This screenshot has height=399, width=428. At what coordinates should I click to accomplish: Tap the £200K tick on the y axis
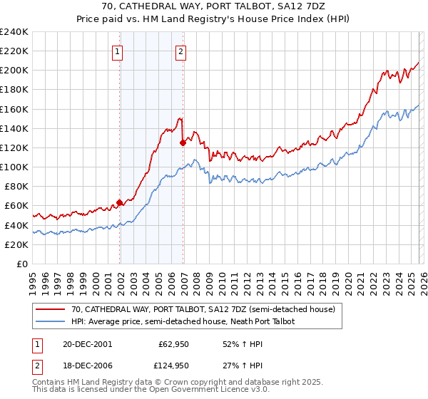pos(14,71)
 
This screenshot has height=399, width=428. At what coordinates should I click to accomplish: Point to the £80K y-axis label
pos(16,187)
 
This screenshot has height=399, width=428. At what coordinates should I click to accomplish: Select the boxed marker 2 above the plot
pos(181,51)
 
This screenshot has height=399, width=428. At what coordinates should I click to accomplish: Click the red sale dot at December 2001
pos(120,202)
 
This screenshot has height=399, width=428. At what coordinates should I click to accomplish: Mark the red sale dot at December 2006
pos(183,142)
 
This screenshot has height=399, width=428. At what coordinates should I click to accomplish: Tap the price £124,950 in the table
pos(173,366)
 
